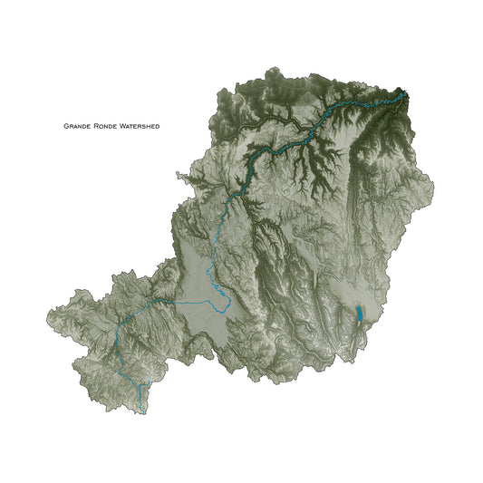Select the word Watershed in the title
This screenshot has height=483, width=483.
pyautogui.click(x=138, y=127)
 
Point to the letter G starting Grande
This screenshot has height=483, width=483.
pyautogui.click(x=65, y=127)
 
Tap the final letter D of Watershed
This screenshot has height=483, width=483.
pyautogui.click(x=158, y=127)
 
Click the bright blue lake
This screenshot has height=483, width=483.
pyautogui.click(x=359, y=314)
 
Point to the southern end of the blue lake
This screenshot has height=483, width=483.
pyautogui.click(x=359, y=323)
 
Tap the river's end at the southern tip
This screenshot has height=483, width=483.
pyautogui.click(x=143, y=413)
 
